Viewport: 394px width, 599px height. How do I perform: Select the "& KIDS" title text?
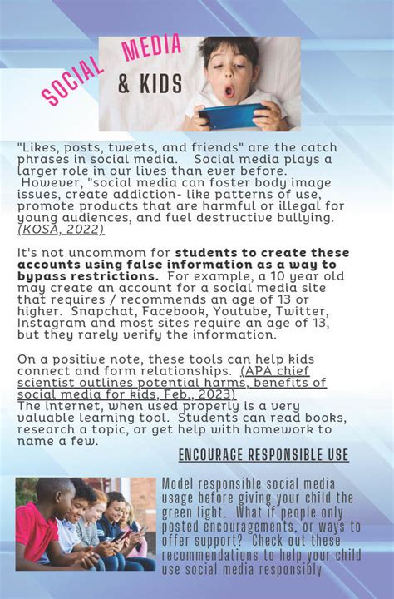click(x=154, y=84)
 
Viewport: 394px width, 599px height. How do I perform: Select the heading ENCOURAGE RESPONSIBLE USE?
click(x=263, y=455)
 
